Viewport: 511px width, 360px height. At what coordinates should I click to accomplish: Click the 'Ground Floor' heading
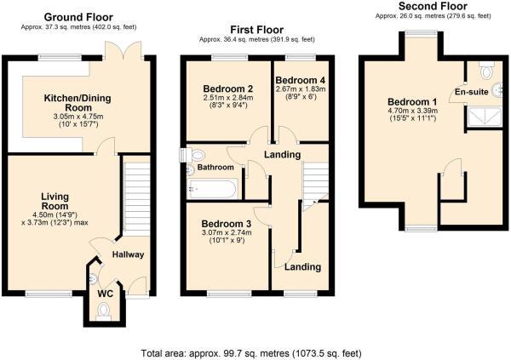(78, 17)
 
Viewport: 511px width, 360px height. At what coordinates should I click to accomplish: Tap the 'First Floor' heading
(256, 29)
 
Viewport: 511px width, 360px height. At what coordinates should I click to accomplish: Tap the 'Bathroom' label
(215, 168)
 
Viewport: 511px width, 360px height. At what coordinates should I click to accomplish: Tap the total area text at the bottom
(255, 351)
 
